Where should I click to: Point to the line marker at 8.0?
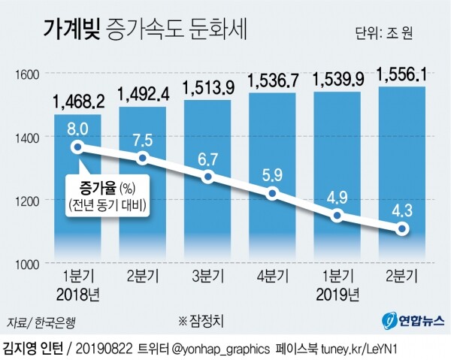click(x=77, y=147)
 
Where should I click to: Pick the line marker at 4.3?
click(x=403, y=229)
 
